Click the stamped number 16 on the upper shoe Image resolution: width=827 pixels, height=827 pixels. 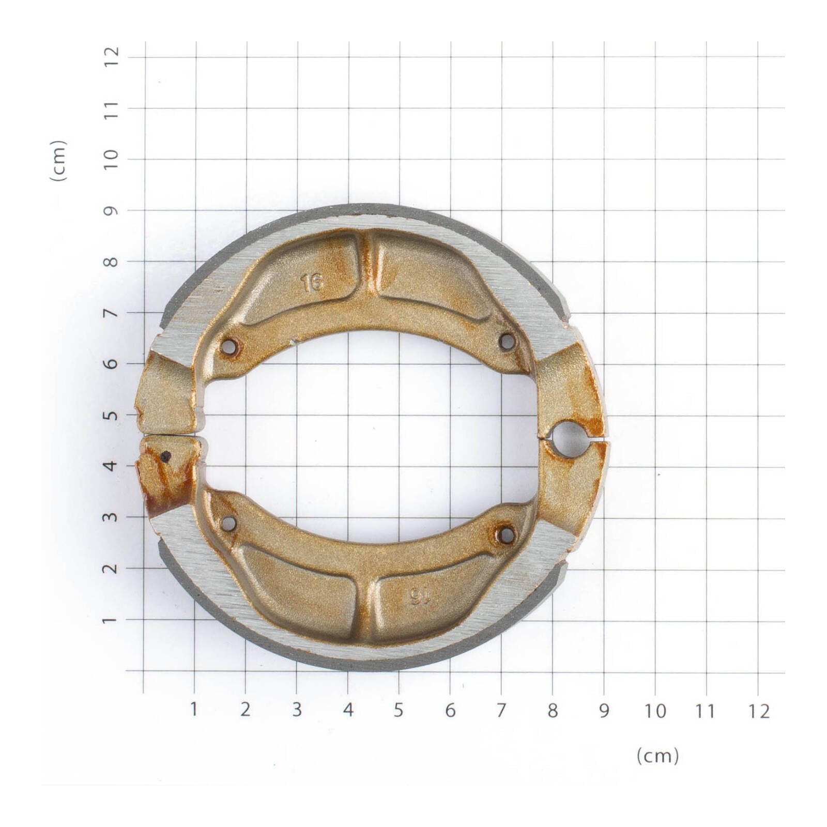pos(312,282)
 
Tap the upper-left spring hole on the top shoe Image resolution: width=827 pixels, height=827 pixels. pos(228,347)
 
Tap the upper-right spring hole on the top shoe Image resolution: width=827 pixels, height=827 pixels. pos(507,341)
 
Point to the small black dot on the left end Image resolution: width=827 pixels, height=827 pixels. pos(166,456)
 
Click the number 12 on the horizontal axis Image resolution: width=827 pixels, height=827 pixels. pos(758,712)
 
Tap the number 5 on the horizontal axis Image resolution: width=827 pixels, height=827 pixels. pos(398,710)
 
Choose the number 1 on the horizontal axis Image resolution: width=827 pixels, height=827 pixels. pos(194,709)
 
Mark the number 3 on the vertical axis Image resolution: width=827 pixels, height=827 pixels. pos(111,517)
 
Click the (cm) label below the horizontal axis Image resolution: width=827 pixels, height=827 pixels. pos(657,756)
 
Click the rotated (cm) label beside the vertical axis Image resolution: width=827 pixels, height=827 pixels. pos(58,160)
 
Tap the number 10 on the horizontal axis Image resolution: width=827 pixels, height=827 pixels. pos(655,711)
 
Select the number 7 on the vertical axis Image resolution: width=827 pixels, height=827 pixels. pos(111,313)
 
